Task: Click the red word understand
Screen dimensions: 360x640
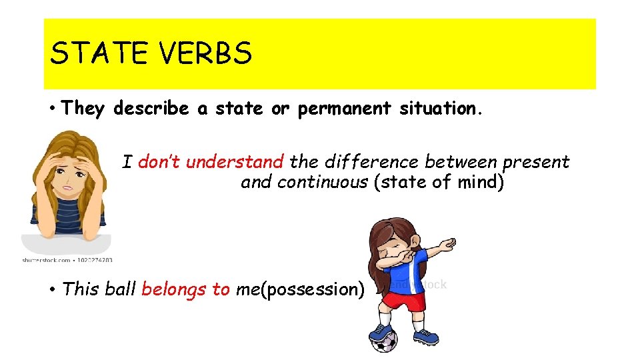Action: (235, 162)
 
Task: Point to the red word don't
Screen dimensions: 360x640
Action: (160, 162)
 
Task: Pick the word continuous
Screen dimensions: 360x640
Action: (322, 182)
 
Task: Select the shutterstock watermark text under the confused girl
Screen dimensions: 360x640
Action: (67, 260)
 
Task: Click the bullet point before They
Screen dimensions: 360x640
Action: (51, 109)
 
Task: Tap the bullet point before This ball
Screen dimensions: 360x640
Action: (51, 290)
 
